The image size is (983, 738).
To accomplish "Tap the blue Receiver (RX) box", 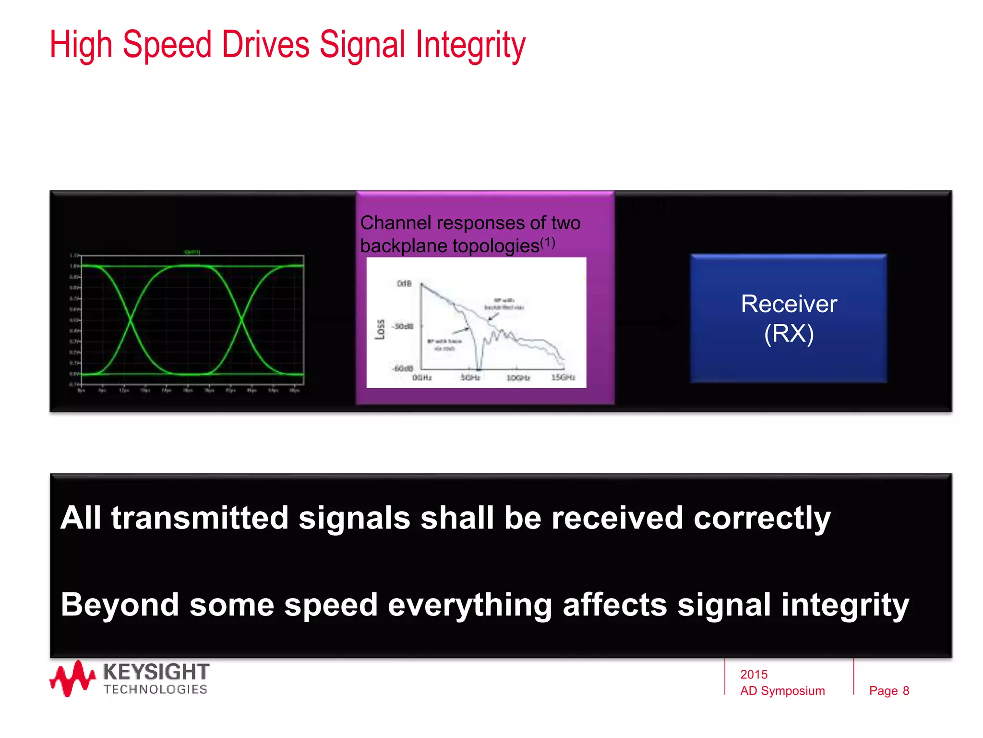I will [788, 318].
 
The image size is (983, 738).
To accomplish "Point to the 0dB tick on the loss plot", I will [405, 283].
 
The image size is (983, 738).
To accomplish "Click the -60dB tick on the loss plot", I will [403, 369].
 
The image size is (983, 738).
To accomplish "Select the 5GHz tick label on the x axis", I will [470, 378].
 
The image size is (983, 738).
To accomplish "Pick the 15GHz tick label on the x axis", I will [563, 378].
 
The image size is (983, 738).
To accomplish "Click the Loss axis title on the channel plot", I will [380, 329].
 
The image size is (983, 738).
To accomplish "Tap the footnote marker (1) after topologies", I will [548, 243].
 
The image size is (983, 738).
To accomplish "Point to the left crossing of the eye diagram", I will [131, 320].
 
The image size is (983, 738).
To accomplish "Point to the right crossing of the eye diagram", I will [241, 320].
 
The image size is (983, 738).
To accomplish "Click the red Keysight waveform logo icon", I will [72, 678].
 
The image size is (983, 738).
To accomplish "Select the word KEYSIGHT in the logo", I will [156, 671].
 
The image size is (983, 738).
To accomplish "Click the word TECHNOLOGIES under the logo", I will [155, 689].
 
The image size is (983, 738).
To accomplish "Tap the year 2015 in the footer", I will [754, 674].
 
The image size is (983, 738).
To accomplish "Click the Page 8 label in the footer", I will [889, 690].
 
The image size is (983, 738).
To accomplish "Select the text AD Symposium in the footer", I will [782, 690].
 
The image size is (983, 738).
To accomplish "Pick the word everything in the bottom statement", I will [470, 605].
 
